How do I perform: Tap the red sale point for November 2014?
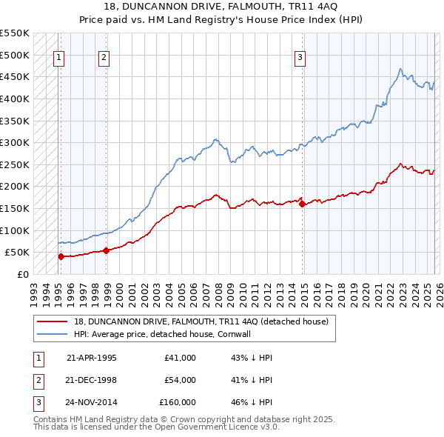tap(302, 204)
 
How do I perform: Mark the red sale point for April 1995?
tap(61, 256)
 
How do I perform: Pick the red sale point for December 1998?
tap(106, 250)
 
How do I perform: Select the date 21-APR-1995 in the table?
tap(92, 358)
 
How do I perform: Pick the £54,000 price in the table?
tap(180, 380)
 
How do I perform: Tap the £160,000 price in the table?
tap(178, 402)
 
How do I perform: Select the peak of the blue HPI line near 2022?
tap(400, 70)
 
